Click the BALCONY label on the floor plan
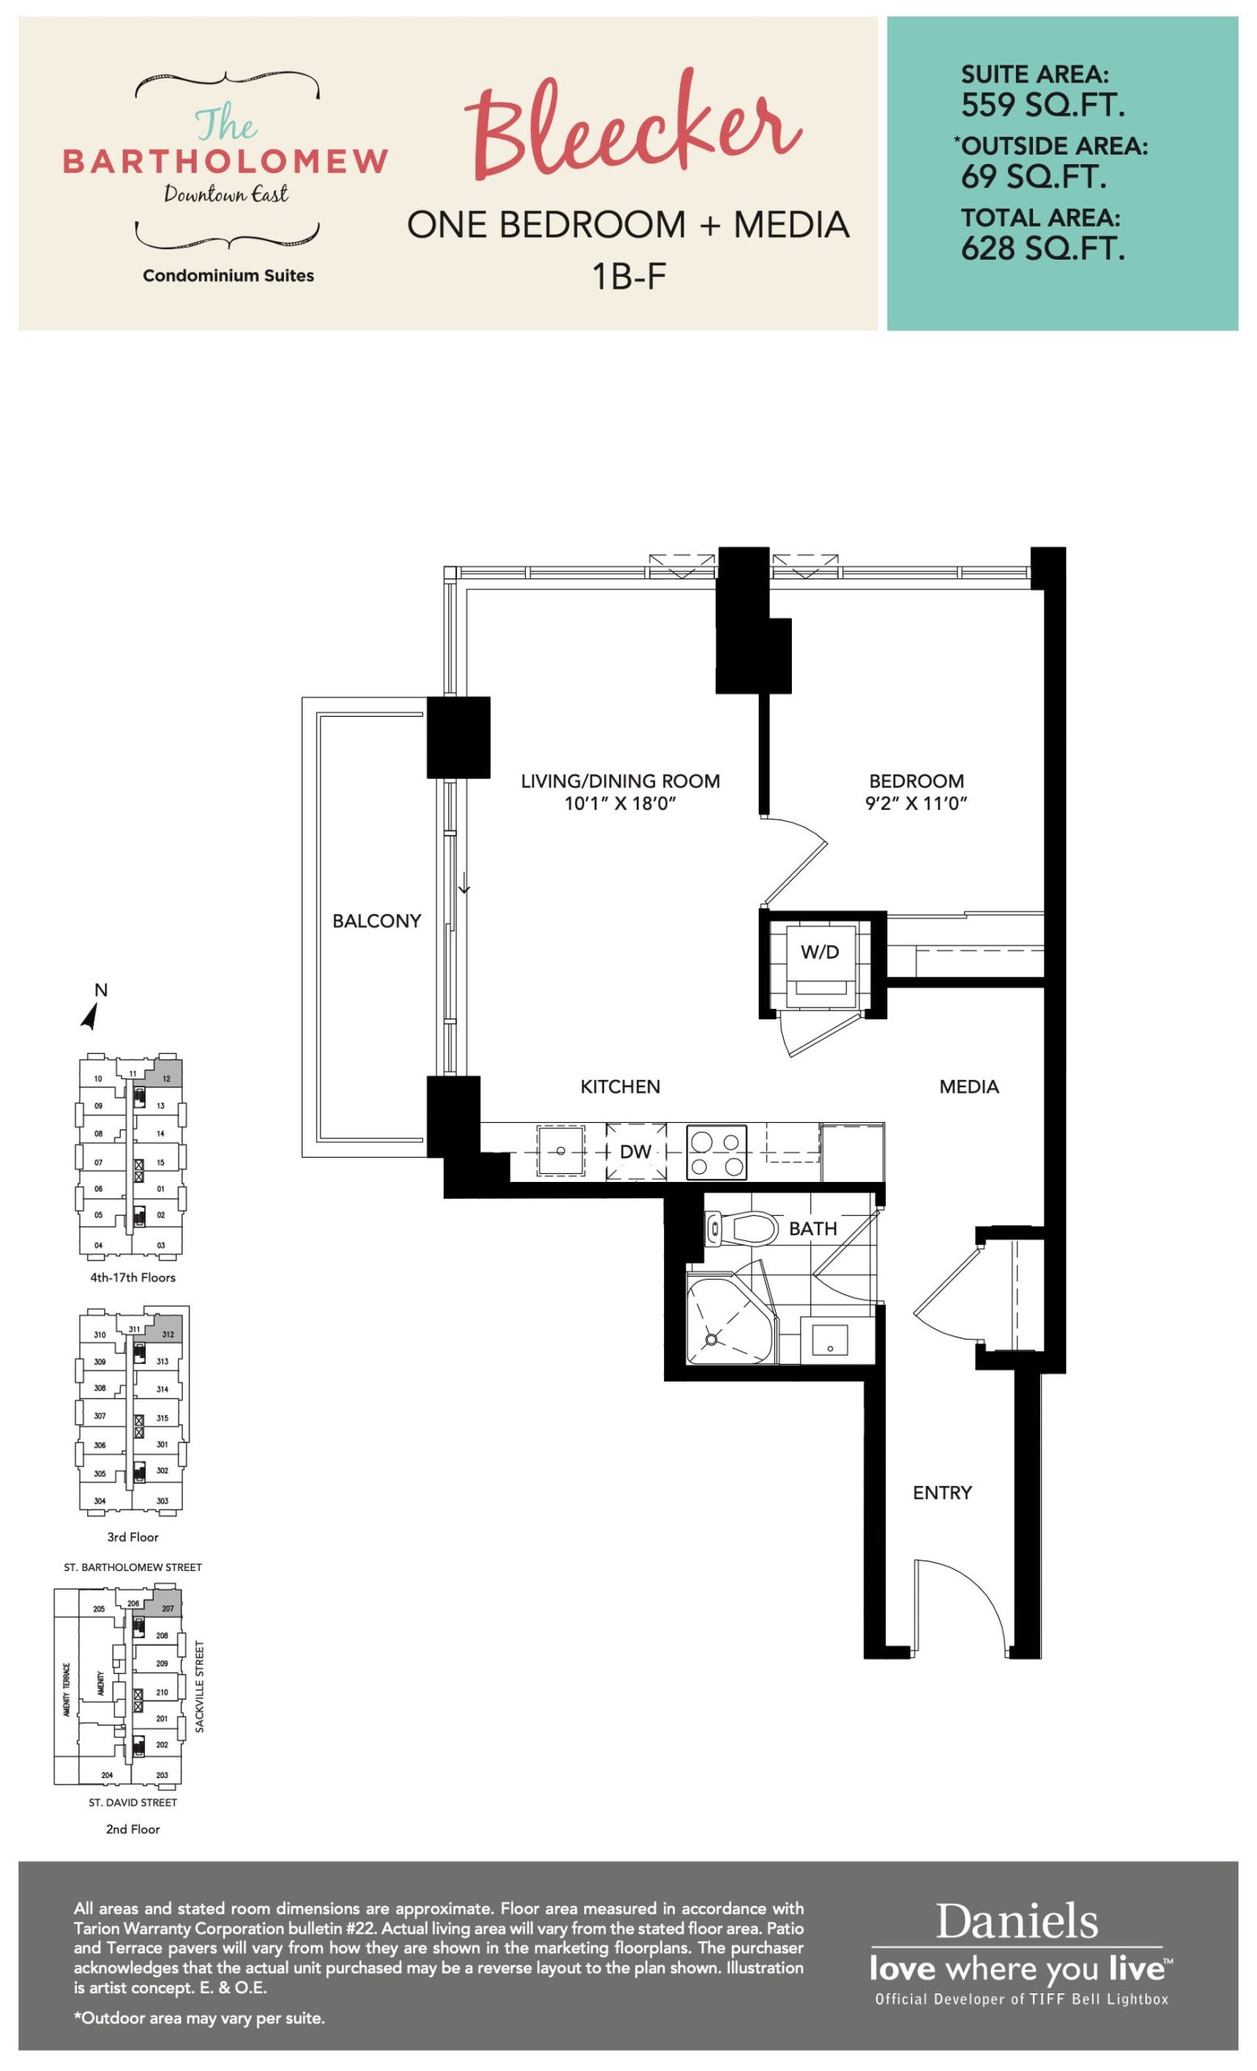point(376,921)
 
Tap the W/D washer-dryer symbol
point(819,963)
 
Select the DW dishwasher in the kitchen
point(636,1151)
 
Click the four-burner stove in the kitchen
point(717,1152)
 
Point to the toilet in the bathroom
point(739,1228)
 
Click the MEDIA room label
point(969,1086)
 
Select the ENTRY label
point(942,1493)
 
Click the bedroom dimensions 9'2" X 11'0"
point(916,803)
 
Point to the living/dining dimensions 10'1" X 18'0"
point(620,803)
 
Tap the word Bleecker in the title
point(632,126)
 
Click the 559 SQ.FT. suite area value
point(1043,105)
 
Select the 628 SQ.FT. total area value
point(1043,249)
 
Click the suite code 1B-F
point(628,276)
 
